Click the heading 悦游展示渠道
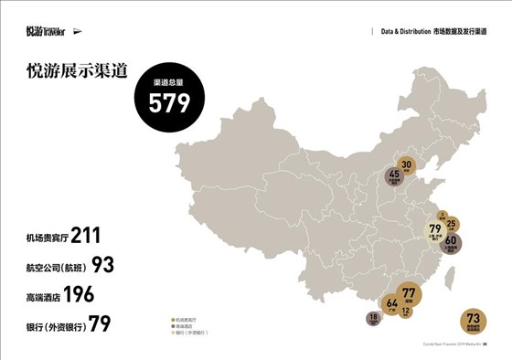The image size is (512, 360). [77, 72]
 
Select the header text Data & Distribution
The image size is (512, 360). [415, 31]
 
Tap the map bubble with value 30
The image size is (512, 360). [408, 166]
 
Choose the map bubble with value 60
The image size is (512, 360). [451, 242]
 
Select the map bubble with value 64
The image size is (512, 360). [391, 303]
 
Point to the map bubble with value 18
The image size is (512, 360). [373, 319]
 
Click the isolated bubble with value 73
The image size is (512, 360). [474, 321]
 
